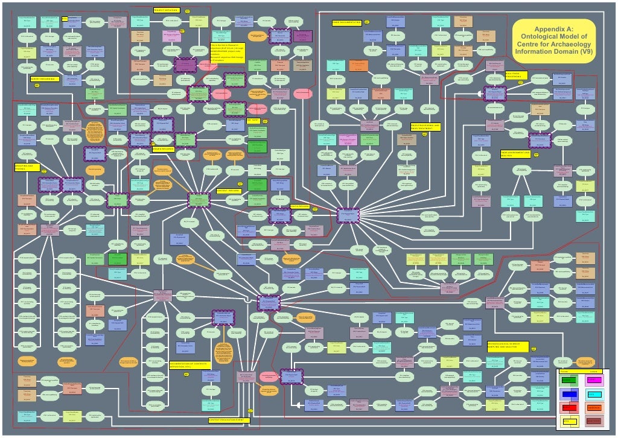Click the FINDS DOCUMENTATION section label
click(x=346, y=23)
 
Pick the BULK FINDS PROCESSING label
click(x=516, y=75)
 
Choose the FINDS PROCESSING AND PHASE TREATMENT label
click(x=430, y=127)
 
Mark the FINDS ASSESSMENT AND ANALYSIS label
click(x=518, y=154)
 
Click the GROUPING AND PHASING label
click(x=27, y=167)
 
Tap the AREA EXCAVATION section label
click(x=163, y=148)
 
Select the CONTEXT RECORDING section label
click(x=229, y=190)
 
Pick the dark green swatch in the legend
click(x=569, y=380)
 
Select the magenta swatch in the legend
click(x=594, y=380)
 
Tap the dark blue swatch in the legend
click(x=569, y=394)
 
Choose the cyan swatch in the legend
click(x=594, y=394)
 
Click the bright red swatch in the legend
click(x=569, y=408)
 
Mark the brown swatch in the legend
click(x=594, y=421)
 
